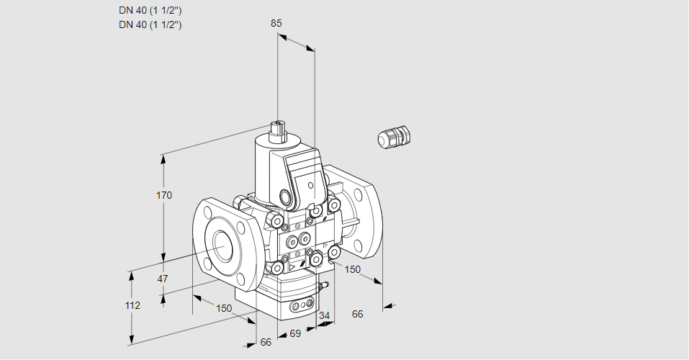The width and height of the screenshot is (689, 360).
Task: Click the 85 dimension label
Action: point(276,23)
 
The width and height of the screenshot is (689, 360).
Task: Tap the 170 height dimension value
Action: point(164,195)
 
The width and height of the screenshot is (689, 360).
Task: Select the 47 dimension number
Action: point(163,279)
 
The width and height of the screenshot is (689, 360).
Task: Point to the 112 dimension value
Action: point(132,305)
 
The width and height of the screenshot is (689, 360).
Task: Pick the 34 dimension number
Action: point(324,315)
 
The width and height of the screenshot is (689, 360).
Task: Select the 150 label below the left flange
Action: point(224,308)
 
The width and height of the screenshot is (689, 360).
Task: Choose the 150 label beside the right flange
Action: point(352,269)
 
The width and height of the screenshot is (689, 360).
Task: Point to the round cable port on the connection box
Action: point(288,197)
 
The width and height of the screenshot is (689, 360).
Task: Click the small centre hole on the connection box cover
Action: point(311,185)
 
